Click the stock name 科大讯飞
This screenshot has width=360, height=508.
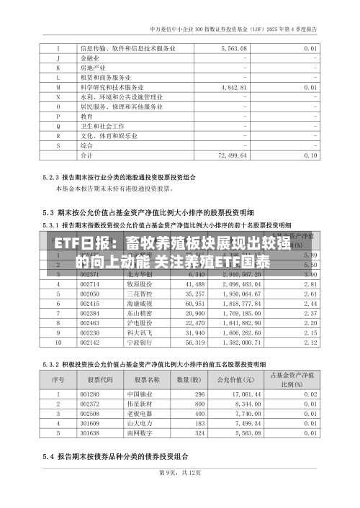[138, 333]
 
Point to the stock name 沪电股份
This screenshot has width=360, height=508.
[138, 323]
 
